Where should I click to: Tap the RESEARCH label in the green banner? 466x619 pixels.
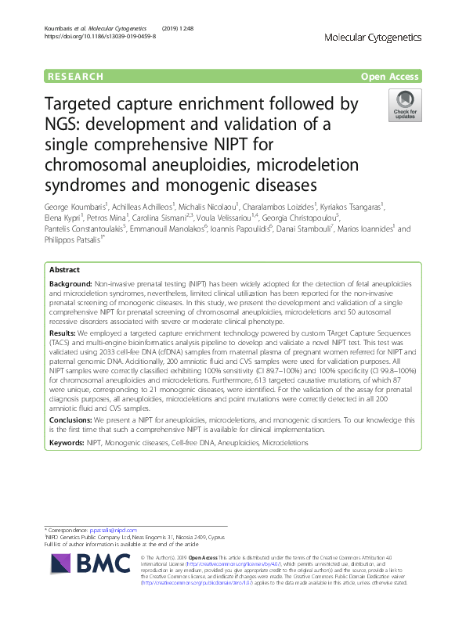tap(75, 77)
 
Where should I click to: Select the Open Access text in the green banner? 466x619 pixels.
tap(391, 77)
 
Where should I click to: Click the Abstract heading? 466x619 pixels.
tap(64, 268)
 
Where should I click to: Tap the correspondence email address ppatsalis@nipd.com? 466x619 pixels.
tap(114, 531)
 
